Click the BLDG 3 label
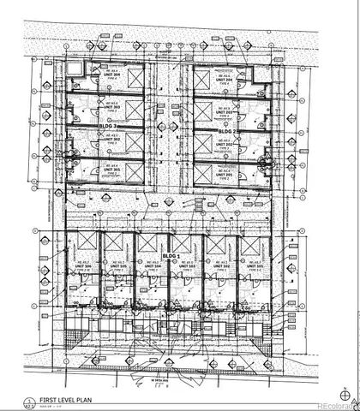pos(110,127)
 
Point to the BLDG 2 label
pos(226,131)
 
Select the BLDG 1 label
pos(172,256)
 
